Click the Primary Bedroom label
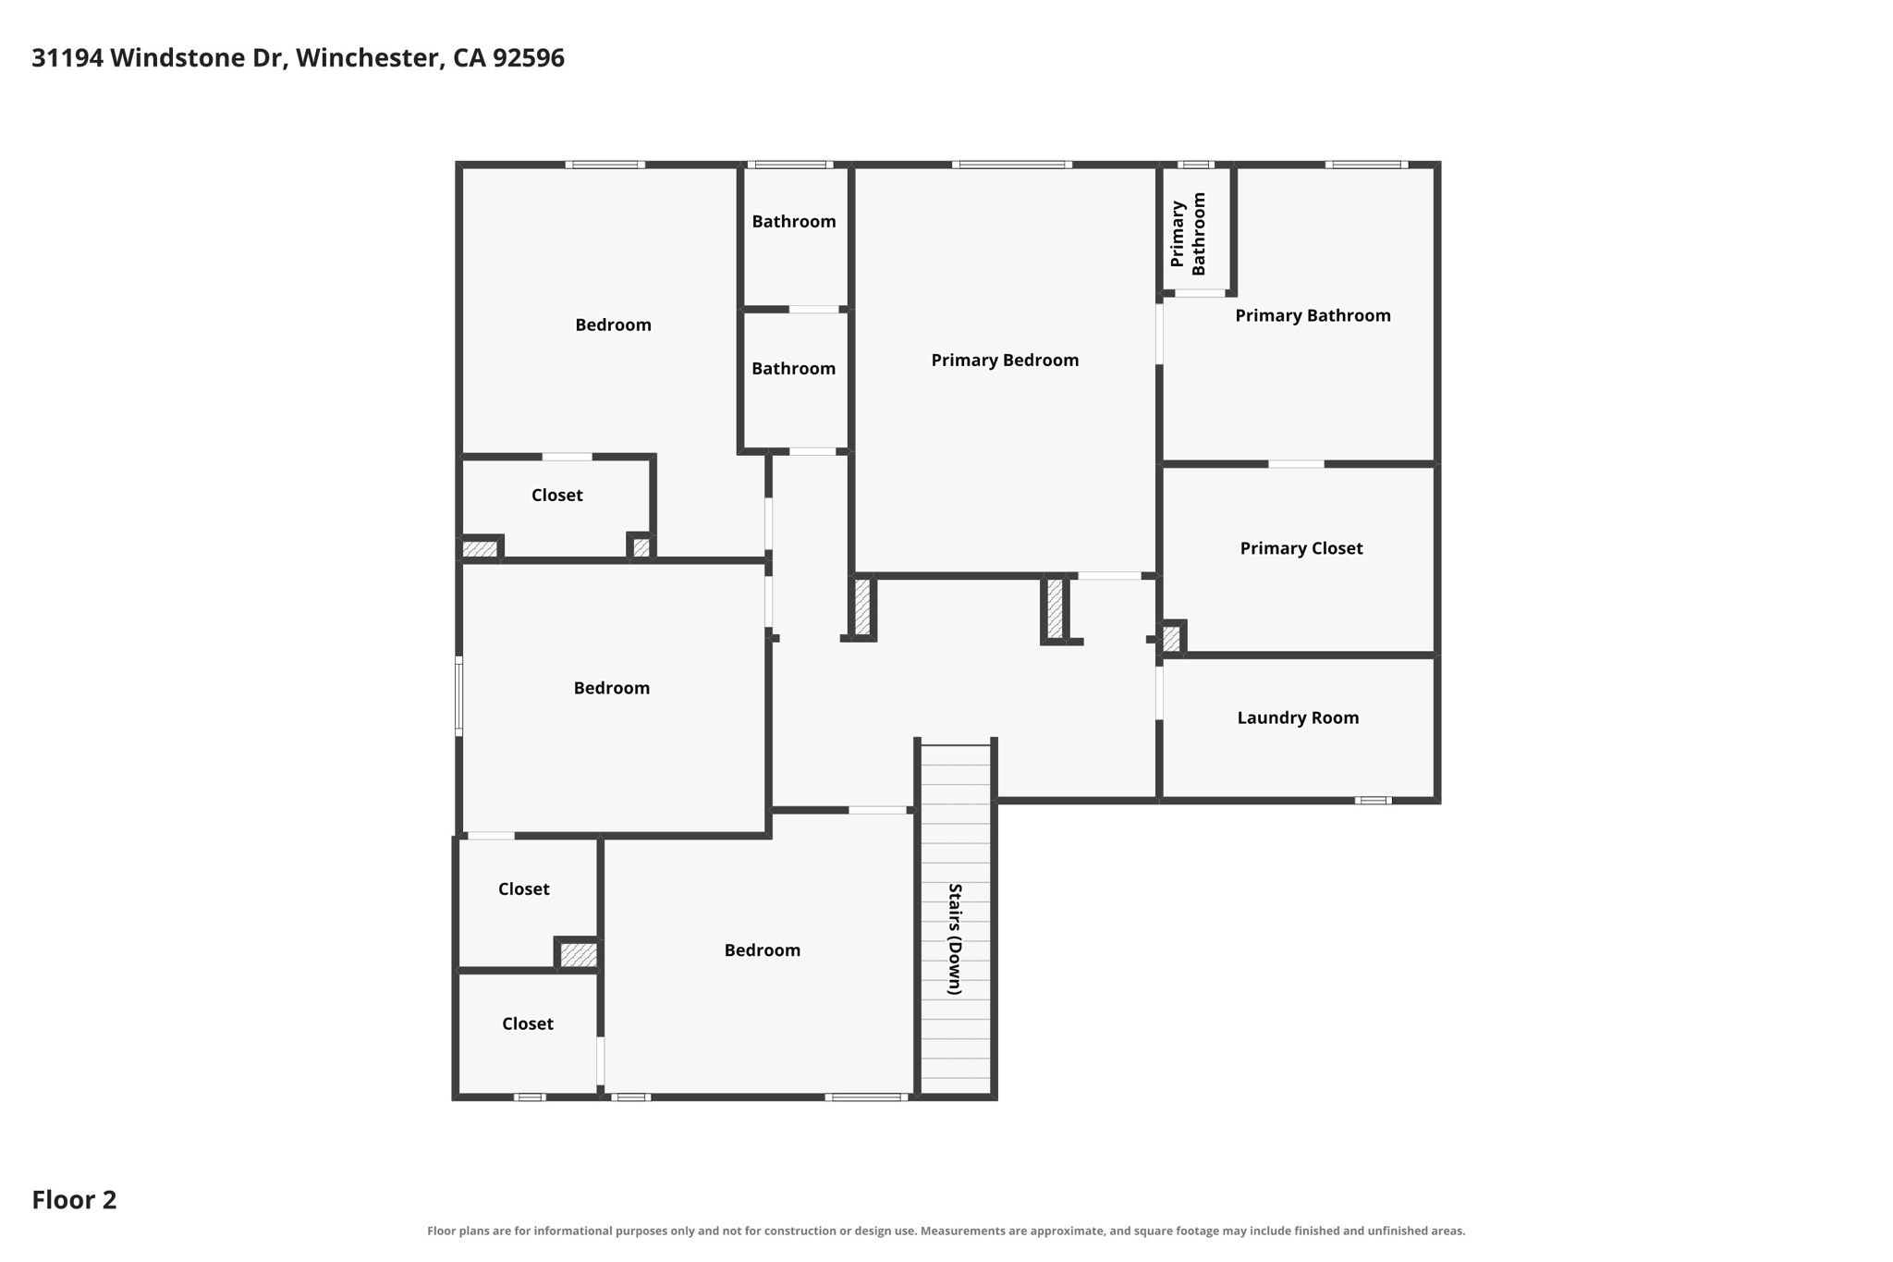pyautogui.click(x=1005, y=361)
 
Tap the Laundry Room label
pyautogui.click(x=1298, y=717)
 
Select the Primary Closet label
pyautogui.click(x=1301, y=548)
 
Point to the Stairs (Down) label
pyautogui.click(x=955, y=939)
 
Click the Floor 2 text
pyautogui.click(x=74, y=1200)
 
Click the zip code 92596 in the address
pyautogui.click(x=529, y=58)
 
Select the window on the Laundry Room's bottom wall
pyautogui.click(x=1373, y=801)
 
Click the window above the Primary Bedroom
pyautogui.click(x=1012, y=165)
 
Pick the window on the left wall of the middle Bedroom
pyautogui.click(x=458, y=696)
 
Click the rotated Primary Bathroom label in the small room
pyautogui.click(x=1189, y=234)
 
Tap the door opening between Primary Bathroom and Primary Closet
pyautogui.click(x=1296, y=464)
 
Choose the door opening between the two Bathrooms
pyautogui.click(x=814, y=309)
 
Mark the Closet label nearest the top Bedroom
pyautogui.click(x=556, y=496)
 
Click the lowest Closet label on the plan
pyautogui.click(x=528, y=1024)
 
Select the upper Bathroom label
pyautogui.click(x=794, y=222)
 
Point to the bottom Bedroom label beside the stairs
pyautogui.click(x=763, y=950)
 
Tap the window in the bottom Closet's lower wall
pyautogui.click(x=530, y=1097)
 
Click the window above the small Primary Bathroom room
pyautogui.click(x=1196, y=165)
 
